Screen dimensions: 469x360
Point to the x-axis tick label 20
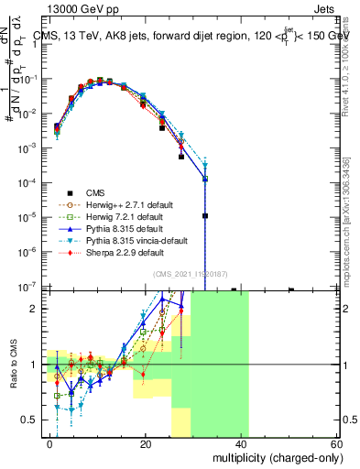coord(146,443)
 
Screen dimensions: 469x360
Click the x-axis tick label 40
coord(241,443)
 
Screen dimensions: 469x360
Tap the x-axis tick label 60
coord(336,443)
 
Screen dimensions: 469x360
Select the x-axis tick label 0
coord(50,443)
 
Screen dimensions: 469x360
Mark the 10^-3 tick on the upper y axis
coord(30,147)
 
